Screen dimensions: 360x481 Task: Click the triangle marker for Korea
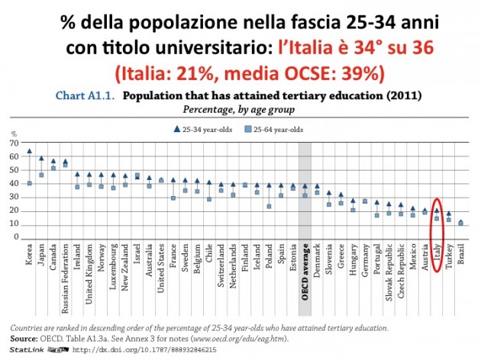pos(29,151)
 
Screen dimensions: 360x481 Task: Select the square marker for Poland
pos(269,206)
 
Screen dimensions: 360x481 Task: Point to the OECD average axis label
pos(305,270)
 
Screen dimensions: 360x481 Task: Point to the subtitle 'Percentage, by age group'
pos(240,110)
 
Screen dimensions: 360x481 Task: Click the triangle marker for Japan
pos(41,159)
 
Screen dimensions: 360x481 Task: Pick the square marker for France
pos(173,198)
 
